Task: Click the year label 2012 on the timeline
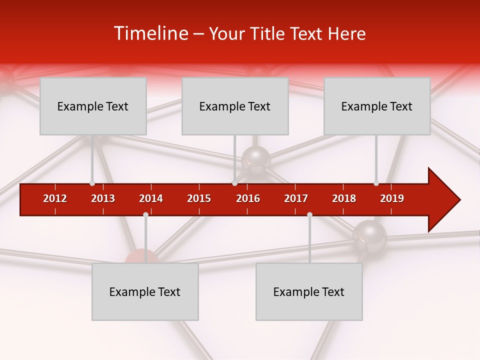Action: point(55,198)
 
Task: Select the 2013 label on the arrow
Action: point(103,198)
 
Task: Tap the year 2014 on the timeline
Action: point(151,198)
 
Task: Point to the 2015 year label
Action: point(199,198)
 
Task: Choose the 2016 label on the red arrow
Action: point(248,198)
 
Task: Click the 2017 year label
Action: point(296,198)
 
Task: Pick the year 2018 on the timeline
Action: point(344,198)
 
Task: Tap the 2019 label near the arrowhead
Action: point(392,198)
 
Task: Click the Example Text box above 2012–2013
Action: point(93,106)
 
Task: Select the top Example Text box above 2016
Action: point(235,106)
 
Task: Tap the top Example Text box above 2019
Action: point(377,106)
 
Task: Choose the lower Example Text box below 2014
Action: point(145,291)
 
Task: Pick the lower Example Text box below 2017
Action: point(309,291)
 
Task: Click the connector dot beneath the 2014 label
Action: point(145,214)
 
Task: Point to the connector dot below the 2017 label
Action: point(309,214)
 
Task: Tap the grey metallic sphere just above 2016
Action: point(256,159)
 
